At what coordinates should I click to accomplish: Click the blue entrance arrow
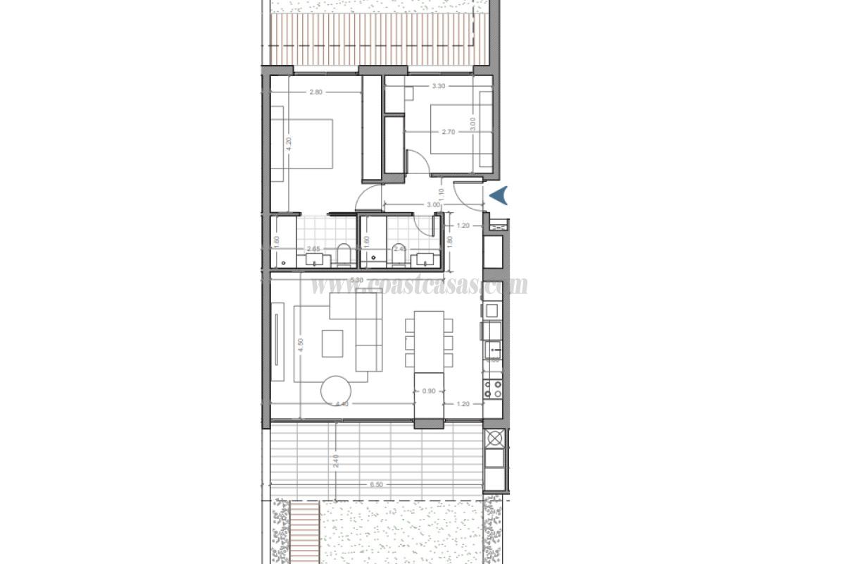tap(499, 195)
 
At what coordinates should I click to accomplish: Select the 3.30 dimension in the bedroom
tap(438, 86)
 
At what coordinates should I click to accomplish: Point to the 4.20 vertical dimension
tap(289, 145)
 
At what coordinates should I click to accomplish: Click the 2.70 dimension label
tap(450, 131)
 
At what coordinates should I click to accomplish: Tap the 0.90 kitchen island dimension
tap(429, 391)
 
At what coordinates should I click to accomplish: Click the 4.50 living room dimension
tap(301, 345)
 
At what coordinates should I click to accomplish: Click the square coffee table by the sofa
tap(333, 343)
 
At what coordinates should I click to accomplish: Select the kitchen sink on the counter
tap(494, 348)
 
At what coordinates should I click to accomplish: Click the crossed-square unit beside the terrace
tap(494, 438)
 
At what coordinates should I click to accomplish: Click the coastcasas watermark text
tap(419, 285)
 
